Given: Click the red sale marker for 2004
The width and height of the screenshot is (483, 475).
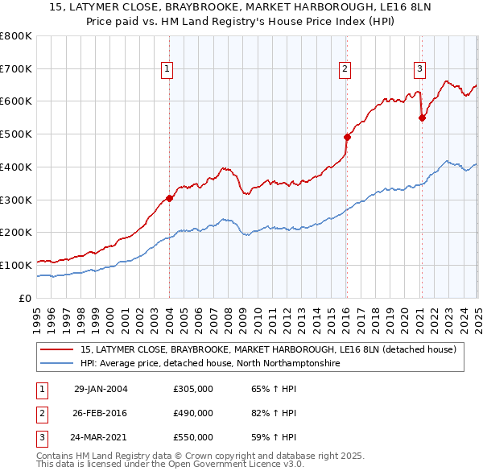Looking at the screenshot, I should point(169,198).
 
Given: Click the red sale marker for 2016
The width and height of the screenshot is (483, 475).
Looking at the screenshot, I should point(347,137).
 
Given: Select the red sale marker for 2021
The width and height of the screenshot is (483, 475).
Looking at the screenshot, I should point(422,118).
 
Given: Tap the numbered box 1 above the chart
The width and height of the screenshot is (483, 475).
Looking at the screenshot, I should point(167,70).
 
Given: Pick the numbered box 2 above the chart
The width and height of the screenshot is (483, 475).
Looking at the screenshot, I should point(345,70).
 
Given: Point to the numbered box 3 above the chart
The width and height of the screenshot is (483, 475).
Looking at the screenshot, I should point(419,70).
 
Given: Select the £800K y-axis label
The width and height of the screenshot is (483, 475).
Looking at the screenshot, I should point(16,36).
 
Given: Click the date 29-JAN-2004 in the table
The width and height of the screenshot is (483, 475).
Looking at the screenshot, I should point(101,390).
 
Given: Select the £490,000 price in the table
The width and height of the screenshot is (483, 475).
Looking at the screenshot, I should point(193,413).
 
